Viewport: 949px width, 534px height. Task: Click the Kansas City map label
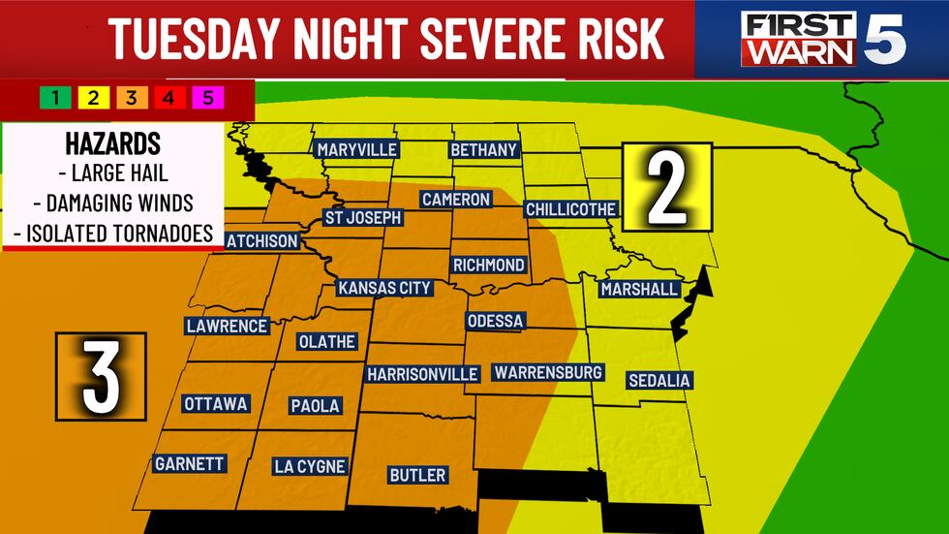[383, 288]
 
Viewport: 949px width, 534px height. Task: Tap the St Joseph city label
[362, 217]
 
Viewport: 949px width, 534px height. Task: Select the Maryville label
[355, 149]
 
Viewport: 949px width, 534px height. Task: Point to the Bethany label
[484, 150]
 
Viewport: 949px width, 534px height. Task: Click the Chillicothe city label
[570, 209]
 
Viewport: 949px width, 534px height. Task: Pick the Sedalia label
[658, 380]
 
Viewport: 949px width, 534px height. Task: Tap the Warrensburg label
[548, 372]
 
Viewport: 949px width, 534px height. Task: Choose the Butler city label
[417, 475]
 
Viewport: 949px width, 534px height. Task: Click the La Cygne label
[309, 466]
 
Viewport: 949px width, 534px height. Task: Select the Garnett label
[190, 464]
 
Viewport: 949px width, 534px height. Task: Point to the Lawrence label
[227, 326]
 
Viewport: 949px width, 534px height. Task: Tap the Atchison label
[260, 239]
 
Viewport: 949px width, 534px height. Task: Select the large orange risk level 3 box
[101, 377]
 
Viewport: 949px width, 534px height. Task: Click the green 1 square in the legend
[56, 98]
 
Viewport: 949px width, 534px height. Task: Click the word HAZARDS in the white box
[112, 144]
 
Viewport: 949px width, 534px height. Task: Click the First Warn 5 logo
[823, 39]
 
